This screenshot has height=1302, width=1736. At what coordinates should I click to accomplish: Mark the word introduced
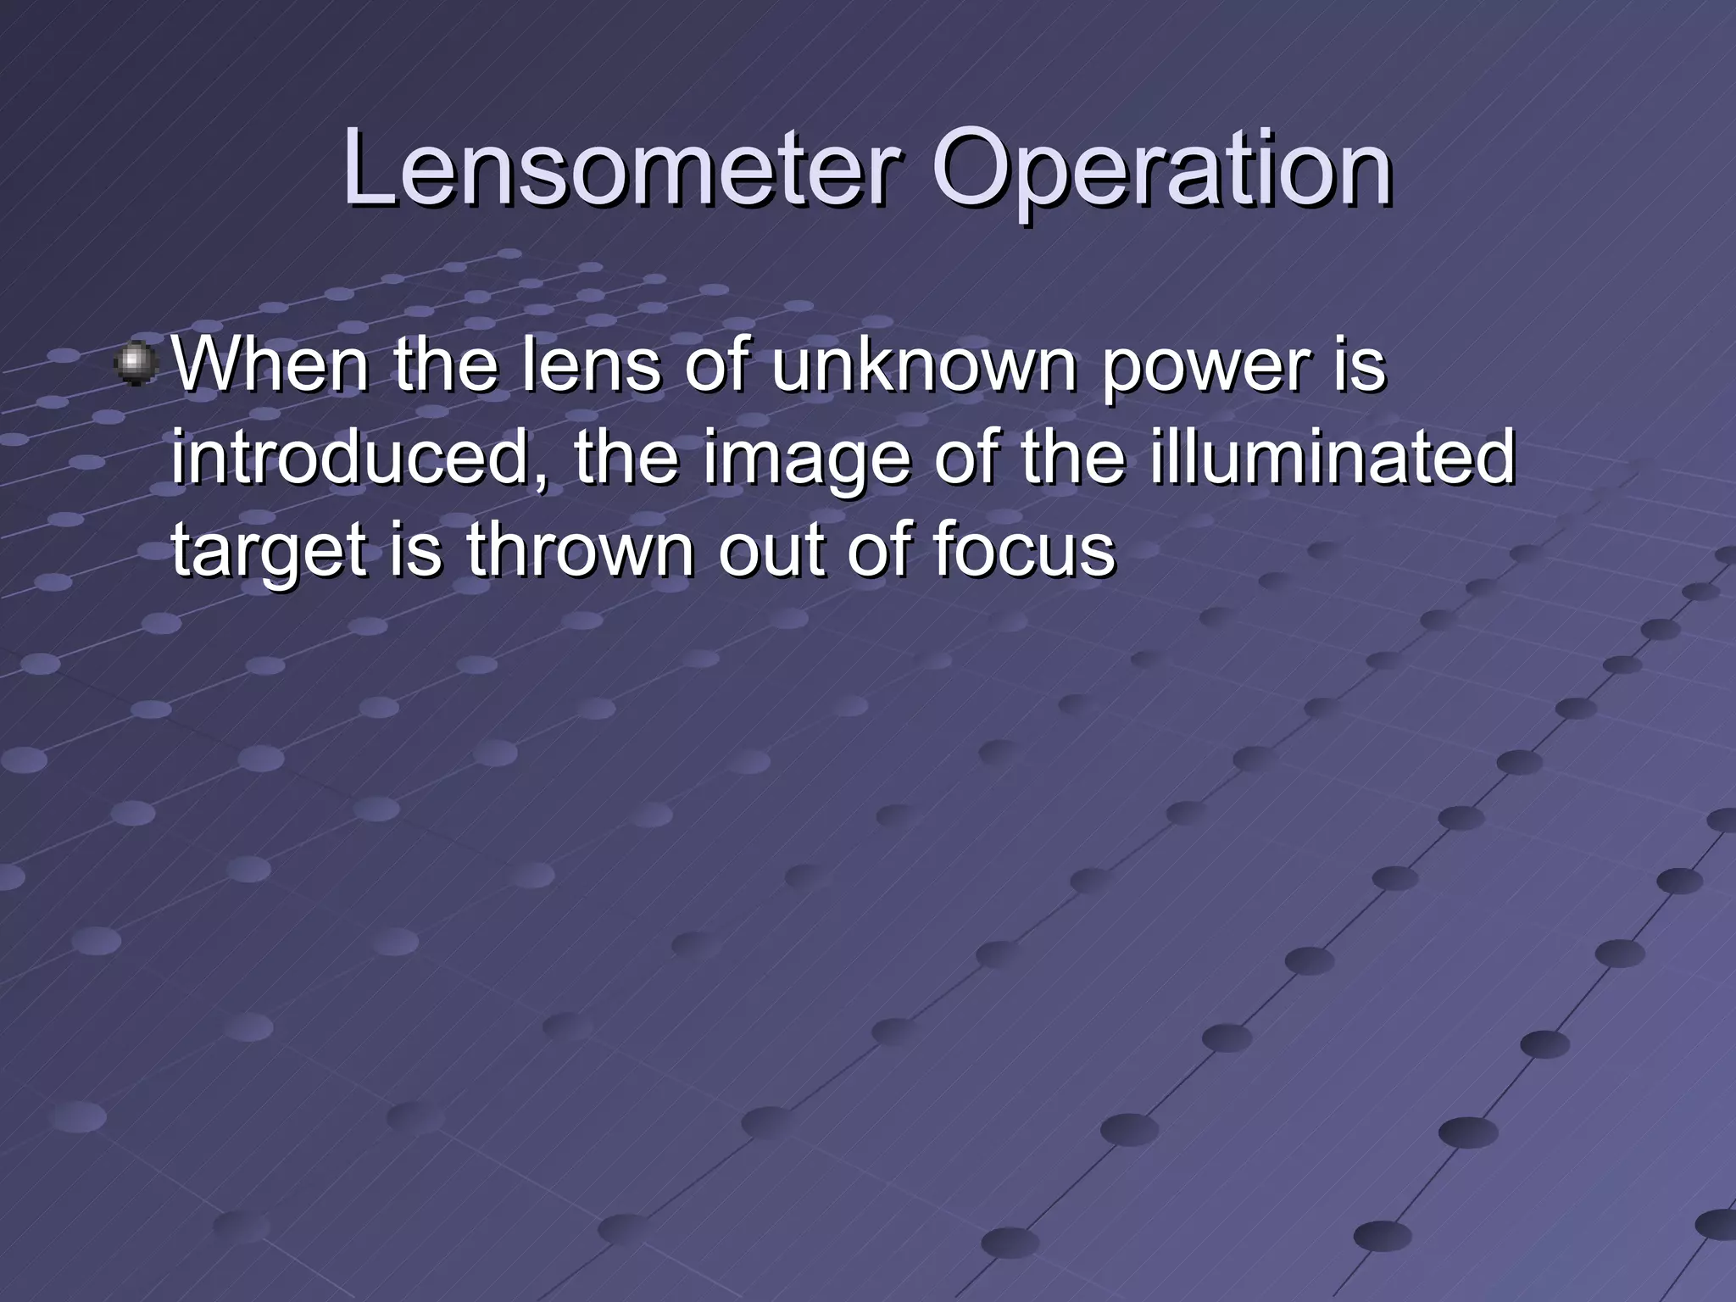(356, 458)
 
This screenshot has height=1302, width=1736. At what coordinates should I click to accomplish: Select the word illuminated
(1331, 458)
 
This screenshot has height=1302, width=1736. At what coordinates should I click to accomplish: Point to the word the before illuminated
(1072, 458)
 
